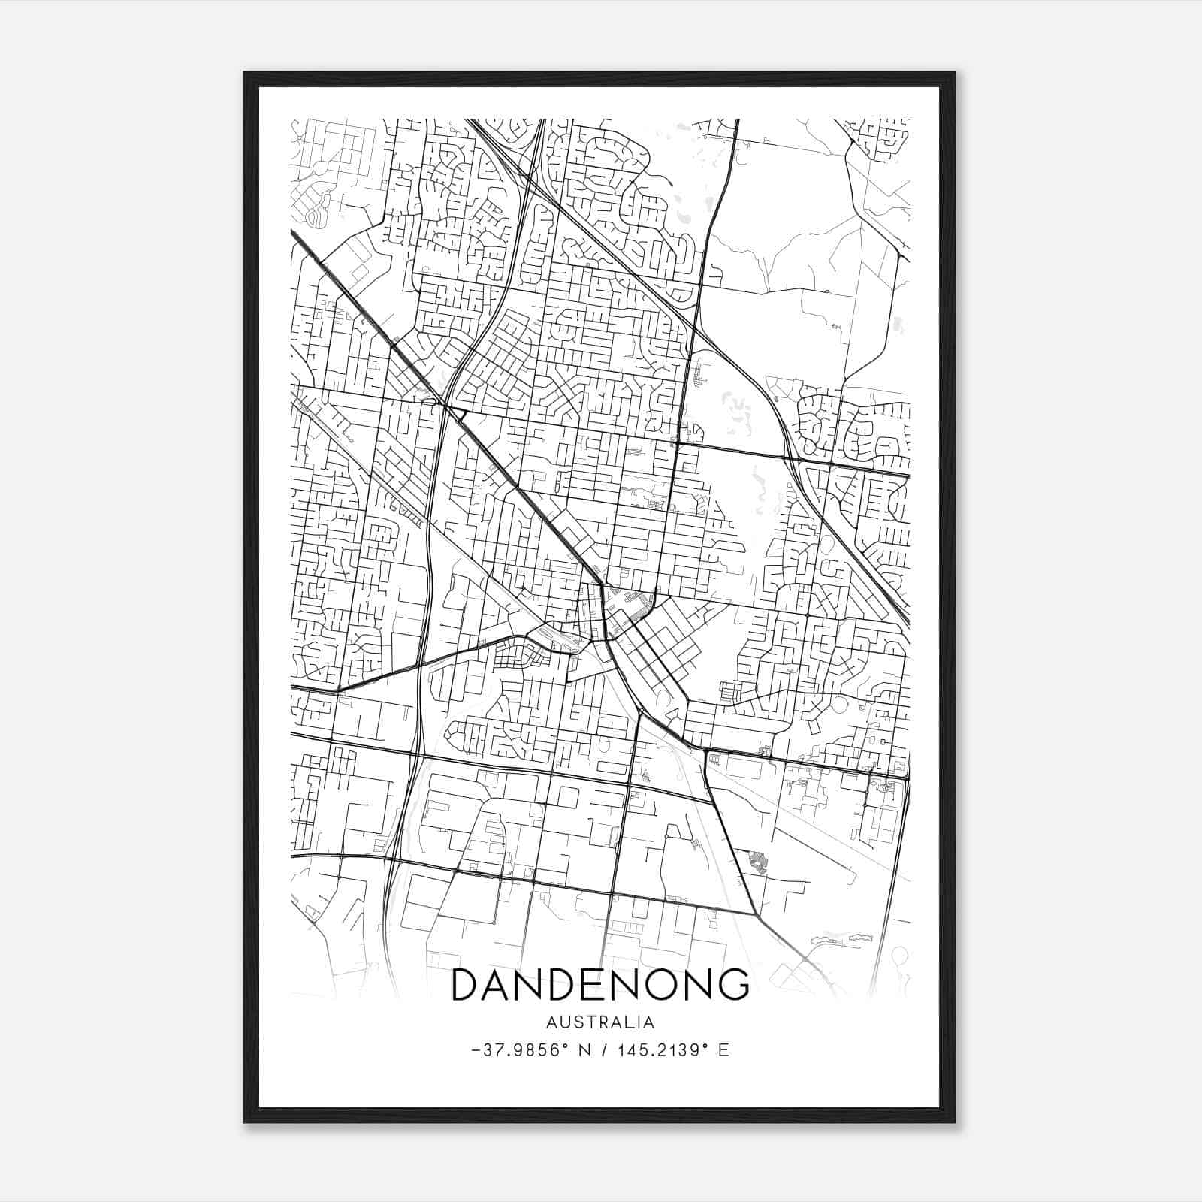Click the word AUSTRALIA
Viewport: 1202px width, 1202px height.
pyautogui.click(x=600, y=1022)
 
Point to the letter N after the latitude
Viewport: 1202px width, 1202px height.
pyautogui.click(x=582, y=1050)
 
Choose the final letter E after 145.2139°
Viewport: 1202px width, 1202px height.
pyautogui.click(x=723, y=1050)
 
